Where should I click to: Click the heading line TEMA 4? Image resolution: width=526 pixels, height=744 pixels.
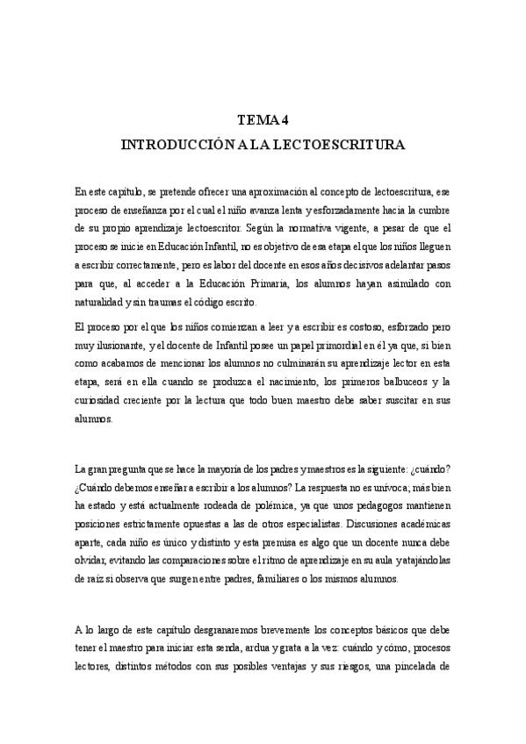point(263,122)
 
